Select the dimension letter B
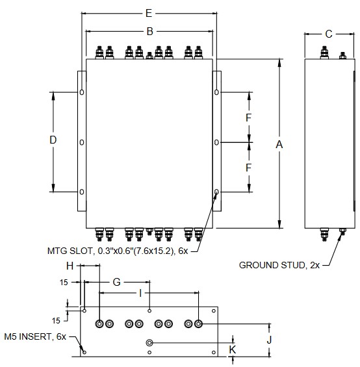click(149, 31)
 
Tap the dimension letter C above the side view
click(329, 34)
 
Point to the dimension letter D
click(53, 140)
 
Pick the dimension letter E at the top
click(149, 13)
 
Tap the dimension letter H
click(70, 266)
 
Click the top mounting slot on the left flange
click(81, 92)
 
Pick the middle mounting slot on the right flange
click(216, 142)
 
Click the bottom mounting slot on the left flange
click(81, 192)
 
